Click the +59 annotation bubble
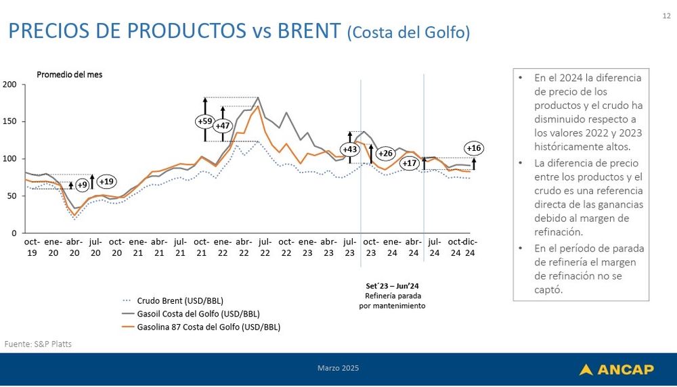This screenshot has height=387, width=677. click(204, 121)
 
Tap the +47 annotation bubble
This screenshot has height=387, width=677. click(222, 126)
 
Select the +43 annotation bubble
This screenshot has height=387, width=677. click(350, 149)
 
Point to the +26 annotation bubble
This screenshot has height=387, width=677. click(385, 153)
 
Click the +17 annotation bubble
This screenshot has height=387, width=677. click(409, 163)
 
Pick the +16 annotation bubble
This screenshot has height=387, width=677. click(474, 148)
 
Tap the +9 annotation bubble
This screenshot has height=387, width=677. click(82, 185)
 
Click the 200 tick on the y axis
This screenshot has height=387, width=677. click(10, 85)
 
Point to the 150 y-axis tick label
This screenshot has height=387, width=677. click(10, 122)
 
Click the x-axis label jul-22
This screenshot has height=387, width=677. click(265, 246)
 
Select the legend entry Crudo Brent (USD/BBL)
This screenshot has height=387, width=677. click(179, 300)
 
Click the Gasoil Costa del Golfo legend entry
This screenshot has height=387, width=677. click(198, 313)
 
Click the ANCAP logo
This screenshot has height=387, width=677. click(616, 369)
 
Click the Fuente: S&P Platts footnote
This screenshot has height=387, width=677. click(38, 344)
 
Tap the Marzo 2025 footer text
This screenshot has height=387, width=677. click(338, 368)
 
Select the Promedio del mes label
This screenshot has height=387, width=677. click(70, 74)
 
